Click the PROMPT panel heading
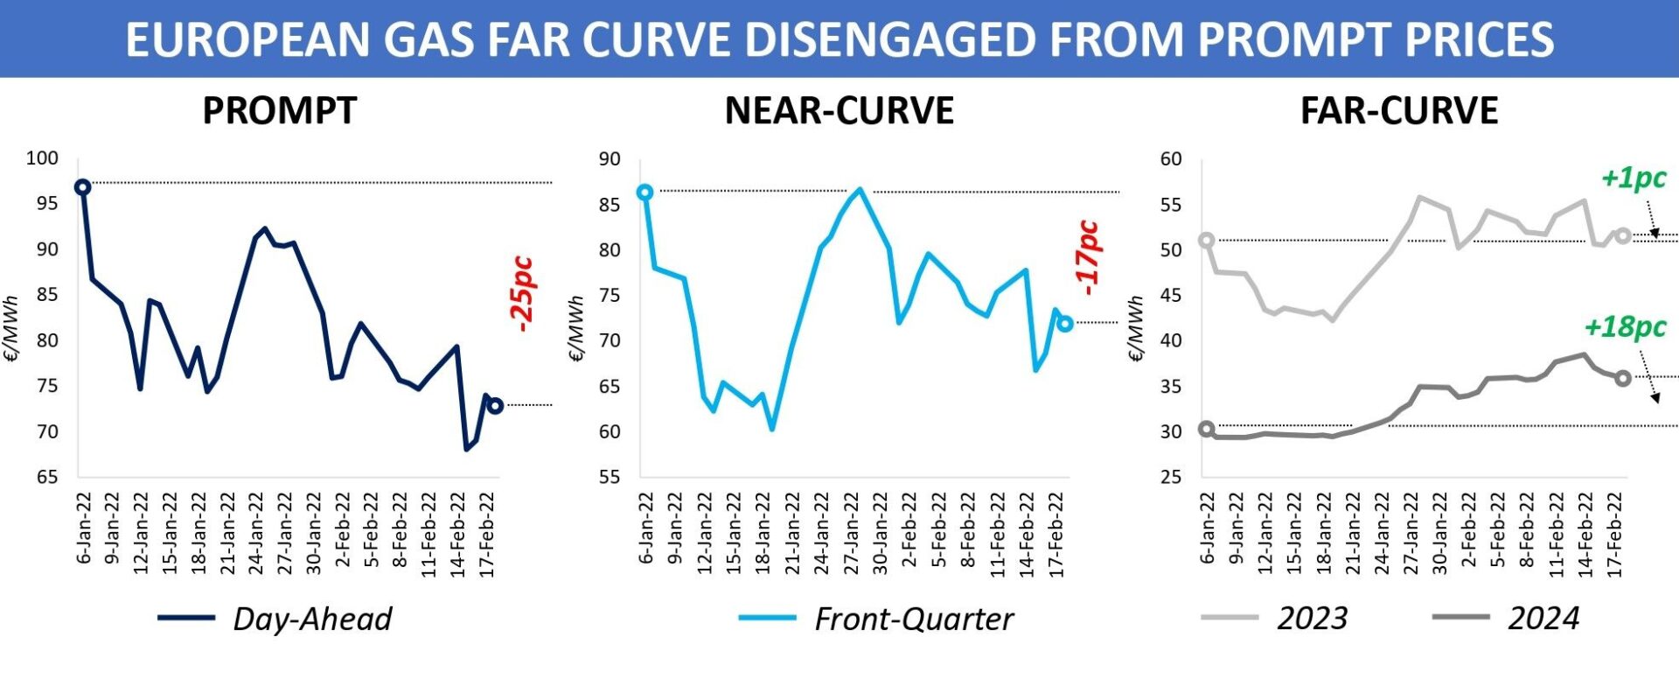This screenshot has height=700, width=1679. pyautogui.click(x=280, y=111)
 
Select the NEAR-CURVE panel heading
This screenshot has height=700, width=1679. pyautogui.click(x=839, y=111)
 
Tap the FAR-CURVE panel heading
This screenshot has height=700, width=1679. pyautogui.click(x=1399, y=111)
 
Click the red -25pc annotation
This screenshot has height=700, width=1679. pyautogui.click(x=522, y=294)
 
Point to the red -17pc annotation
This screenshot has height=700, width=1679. pyautogui.click(x=1087, y=257)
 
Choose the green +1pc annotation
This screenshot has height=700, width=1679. pyautogui.click(x=1634, y=178)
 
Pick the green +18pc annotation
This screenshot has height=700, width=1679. pyautogui.click(x=1625, y=327)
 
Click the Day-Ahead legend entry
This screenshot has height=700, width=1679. pyautogui.click(x=311, y=619)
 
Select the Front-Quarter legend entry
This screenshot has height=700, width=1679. pyautogui.click(x=913, y=619)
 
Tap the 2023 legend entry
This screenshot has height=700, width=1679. pyautogui.click(x=1312, y=619)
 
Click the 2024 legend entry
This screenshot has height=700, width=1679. pyautogui.click(x=1543, y=619)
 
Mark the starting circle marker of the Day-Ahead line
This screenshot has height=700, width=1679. pyautogui.click(x=82, y=187)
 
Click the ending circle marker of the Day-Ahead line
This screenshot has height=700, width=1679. pyautogui.click(x=495, y=406)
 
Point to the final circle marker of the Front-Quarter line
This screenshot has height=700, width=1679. pyautogui.click(x=1064, y=324)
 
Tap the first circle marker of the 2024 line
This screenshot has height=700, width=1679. pyautogui.click(x=1207, y=429)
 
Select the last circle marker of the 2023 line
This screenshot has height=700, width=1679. pyautogui.click(x=1623, y=235)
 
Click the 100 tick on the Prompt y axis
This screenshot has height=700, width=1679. pyautogui.click(x=42, y=158)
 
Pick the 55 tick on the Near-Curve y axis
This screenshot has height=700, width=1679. pyautogui.click(x=610, y=477)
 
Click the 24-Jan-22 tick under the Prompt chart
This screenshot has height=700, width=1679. pyautogui.click(x=256, y=534)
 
